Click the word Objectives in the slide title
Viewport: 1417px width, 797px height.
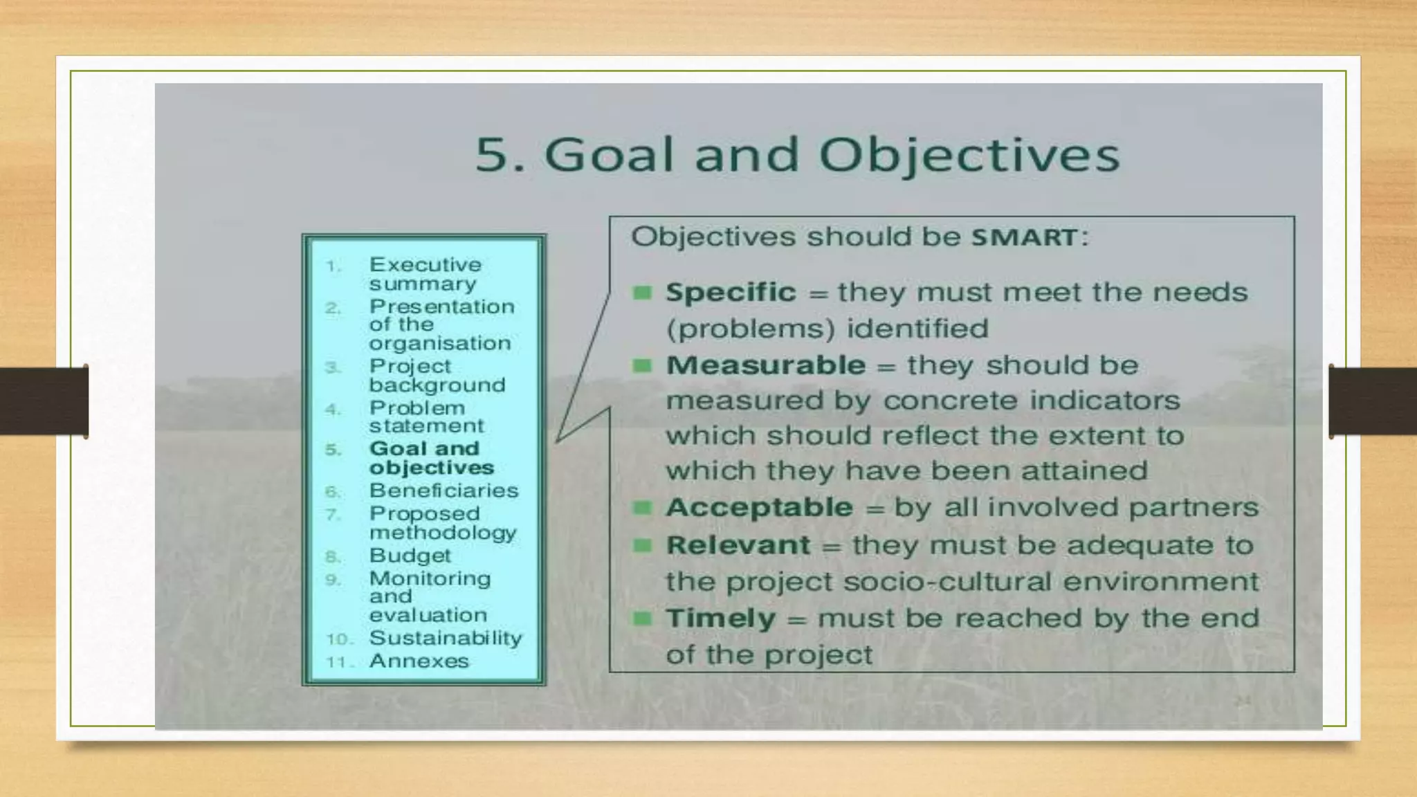pyautogui.click(x=969, y=155)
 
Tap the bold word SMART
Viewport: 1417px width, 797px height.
pyautogui.click(x=1024, y=238)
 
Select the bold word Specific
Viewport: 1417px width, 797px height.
pyautogui.click(x=731, y=293)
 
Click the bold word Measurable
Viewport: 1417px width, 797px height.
pyautogui.click(x=766, y=365)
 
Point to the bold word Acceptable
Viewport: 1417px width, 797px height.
pyautogui.click(x=759, y=508)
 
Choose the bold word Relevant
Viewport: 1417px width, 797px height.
pyautogui.click(x=738, y=545)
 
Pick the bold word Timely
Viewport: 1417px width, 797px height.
pyautogui.click(x=720, y=619)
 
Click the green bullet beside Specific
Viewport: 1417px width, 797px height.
pyautogui.click(x=643, y=293)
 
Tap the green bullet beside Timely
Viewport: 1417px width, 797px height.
pyautogui.click(x=643, y=619)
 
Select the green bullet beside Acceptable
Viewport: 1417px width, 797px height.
pyautogui.click(x=643, y=509)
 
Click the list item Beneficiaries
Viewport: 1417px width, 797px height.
pyautogui.click(x=444, y=491)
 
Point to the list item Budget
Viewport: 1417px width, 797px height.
pyautogui.click(x=410, y=556)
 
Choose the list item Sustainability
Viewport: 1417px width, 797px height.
pyautogui.click(x=446, y=638)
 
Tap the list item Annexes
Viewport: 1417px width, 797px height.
pyautogui.click(x=419, y=661)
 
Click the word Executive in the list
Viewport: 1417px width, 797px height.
pyautogui.click(x=425, y=265)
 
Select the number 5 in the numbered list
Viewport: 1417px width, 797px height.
pyautogui.click(x=333, y=450)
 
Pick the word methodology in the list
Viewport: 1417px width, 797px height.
pyautogui.click(x=443, y=533)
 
